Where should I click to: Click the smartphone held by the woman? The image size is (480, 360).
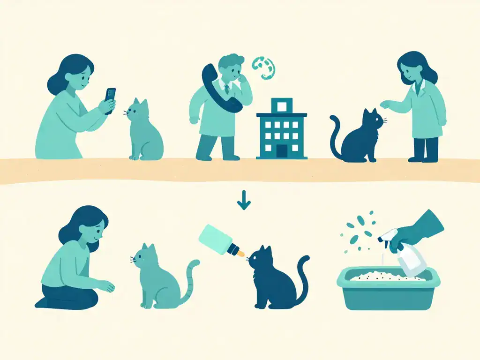click(110, 100)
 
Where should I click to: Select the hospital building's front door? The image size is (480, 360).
click(282, 151)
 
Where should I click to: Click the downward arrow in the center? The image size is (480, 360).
click(244, 202)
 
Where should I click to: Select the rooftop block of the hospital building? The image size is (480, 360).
click(281, 106)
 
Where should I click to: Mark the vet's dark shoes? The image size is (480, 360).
click(424, 159)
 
